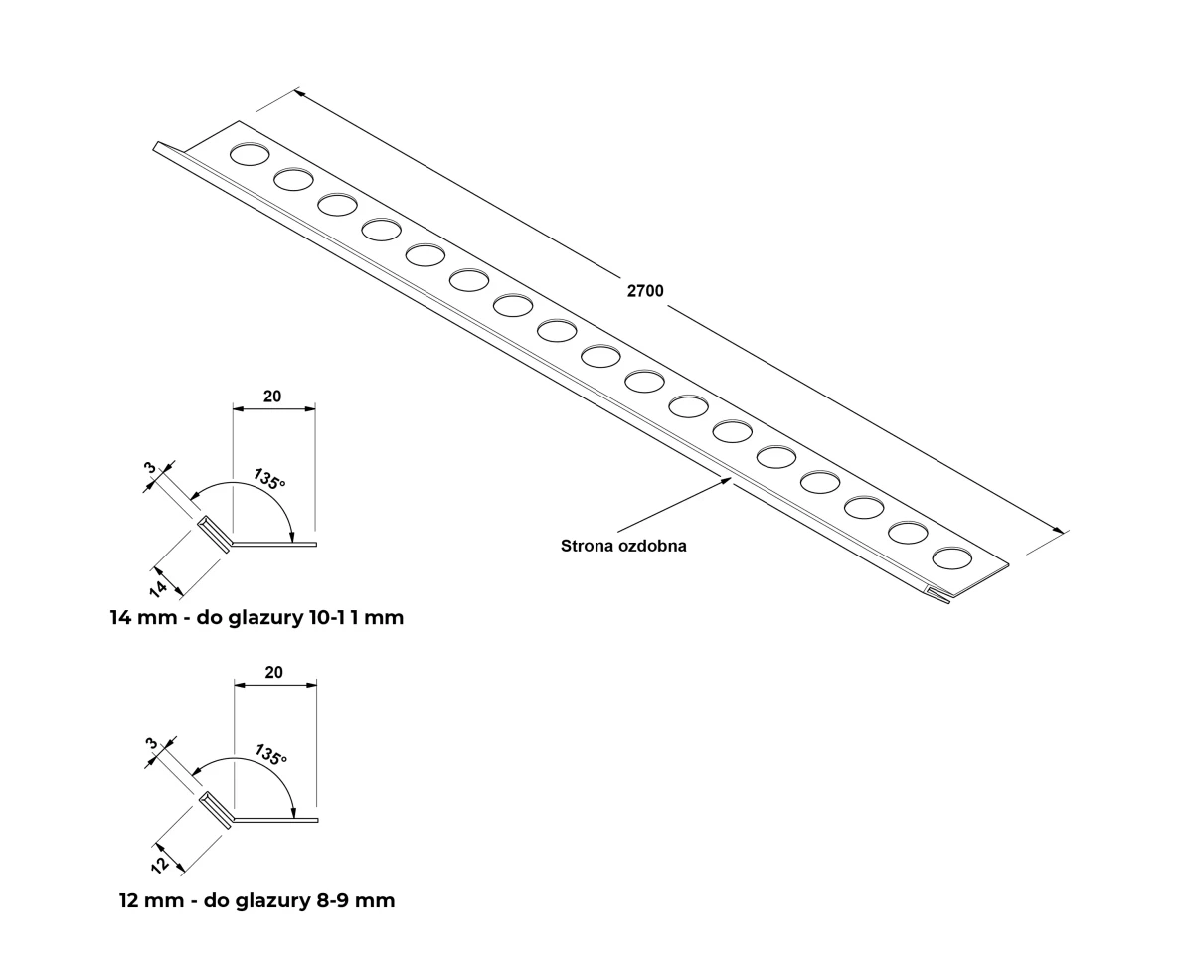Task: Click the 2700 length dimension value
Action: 645,291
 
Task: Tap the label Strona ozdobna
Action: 623,546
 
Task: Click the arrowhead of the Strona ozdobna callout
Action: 726,481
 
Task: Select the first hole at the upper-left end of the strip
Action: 250,154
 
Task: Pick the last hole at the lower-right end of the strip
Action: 951,557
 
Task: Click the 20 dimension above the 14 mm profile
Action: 272,397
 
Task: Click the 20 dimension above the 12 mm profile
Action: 273,672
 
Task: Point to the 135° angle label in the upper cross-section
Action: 269,479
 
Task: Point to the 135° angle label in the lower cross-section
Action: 271,754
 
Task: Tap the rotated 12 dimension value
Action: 160,865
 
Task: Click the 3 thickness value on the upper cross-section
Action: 150,468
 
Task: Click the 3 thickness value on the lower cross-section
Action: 152,743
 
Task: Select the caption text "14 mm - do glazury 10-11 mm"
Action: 257,618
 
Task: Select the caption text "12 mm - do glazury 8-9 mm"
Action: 257,900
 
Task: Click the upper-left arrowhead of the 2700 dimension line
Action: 299,93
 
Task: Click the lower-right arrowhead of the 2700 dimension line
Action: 1058,531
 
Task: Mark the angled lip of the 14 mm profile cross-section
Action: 214,534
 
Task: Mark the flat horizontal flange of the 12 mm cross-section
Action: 275,820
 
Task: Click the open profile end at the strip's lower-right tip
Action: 938,594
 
